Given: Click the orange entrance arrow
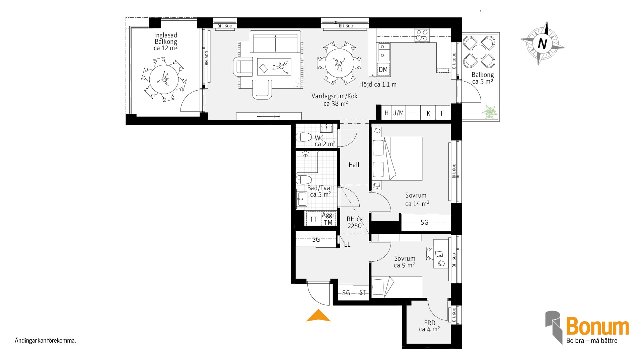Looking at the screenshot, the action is tap(318, 316).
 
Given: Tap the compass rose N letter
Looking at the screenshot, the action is tap(542, 44).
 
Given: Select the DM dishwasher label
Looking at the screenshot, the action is tap(383, 70).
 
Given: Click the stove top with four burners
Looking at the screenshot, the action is tap(422, 36).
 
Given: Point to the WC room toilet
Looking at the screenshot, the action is tap(304, 137).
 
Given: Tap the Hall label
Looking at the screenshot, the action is tap(354, 165).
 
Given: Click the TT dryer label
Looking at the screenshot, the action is tap(313, 220).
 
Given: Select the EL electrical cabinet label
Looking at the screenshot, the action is tap(347, 245).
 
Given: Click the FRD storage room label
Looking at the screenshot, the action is tap(430, 323).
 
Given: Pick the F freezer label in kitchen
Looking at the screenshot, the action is tap(442, 113).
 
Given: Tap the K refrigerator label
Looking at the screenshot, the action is tap(428, 113).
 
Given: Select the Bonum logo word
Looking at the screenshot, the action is tap(597, 326).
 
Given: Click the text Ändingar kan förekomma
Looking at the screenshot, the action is tap(45, 341).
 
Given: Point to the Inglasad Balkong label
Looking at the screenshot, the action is tap(166, 38).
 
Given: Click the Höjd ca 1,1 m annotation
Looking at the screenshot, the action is tap(378, 85).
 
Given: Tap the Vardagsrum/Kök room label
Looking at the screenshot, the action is tap(335, 96).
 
